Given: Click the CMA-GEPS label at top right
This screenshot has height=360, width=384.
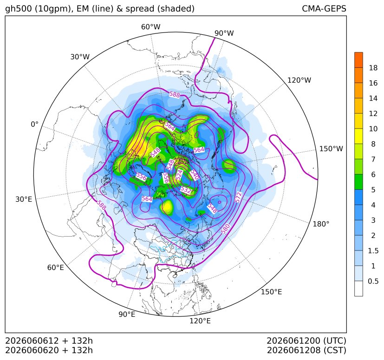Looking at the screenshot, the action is tap(324, 8).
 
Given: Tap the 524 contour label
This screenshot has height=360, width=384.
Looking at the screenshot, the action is tap(180, 175).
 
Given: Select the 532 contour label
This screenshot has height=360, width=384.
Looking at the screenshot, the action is tap(186, 190).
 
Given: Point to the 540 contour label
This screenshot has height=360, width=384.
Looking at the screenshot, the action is tap(195, 175).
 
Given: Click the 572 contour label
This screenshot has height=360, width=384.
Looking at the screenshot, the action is tap(238, 197).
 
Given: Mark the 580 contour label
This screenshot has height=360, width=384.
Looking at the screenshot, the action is tap(226, 229).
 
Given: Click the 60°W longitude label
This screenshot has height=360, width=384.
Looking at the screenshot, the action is tap(150, 27).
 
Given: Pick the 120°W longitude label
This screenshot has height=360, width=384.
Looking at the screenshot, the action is tap(299, 80).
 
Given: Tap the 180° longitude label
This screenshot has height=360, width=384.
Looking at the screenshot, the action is tap(321, 224).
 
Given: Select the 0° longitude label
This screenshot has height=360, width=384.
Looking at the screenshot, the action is tap(34, 124).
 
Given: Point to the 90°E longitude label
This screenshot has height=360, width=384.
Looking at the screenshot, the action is tap(127, 315).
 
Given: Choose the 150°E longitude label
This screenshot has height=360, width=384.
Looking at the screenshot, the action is tap(271, 292).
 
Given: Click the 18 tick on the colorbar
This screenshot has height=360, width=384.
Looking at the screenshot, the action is tap(373, 68).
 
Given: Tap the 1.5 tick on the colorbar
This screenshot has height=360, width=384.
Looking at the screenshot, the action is tap(373, 251).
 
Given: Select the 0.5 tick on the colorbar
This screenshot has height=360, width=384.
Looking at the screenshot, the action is tap(373, 281).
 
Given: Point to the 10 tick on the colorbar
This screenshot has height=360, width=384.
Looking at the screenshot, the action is tap(373, 129).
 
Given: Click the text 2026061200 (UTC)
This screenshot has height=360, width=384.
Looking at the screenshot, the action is tap(306, 341).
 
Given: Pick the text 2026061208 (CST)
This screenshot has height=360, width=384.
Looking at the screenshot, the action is tap(306, 350).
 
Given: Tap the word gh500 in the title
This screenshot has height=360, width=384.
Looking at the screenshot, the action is tap(19, 8).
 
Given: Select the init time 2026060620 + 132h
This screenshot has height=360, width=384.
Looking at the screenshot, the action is tap(49, 350).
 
